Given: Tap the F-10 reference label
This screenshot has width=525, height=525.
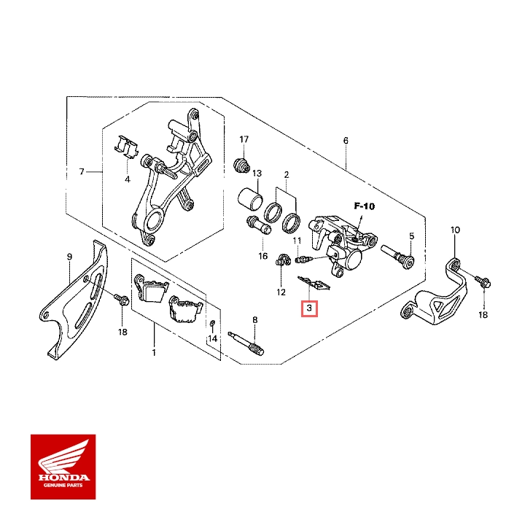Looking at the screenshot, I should pos(364,206).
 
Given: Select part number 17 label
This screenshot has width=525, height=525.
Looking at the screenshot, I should pos(244,139).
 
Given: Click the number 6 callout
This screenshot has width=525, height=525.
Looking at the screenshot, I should pos(346,140).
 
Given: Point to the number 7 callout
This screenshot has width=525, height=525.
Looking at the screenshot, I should pos(82,172).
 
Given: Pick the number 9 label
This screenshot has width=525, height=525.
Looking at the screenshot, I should pos(69,257).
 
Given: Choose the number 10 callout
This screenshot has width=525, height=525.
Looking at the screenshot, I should pos(456,230).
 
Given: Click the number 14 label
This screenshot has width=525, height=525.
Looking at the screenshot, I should pos(212,339).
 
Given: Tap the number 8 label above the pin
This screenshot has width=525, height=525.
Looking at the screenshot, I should pos(254,320).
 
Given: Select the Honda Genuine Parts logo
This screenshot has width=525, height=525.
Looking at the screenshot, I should pos(63,467).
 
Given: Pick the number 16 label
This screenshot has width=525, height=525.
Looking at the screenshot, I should pos(263,256).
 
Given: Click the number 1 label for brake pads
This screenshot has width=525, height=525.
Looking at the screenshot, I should pos(154,352).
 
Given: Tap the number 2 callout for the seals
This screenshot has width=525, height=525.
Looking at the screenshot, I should pos(287,175).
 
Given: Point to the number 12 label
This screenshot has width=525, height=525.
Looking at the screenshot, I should pos(281,292).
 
